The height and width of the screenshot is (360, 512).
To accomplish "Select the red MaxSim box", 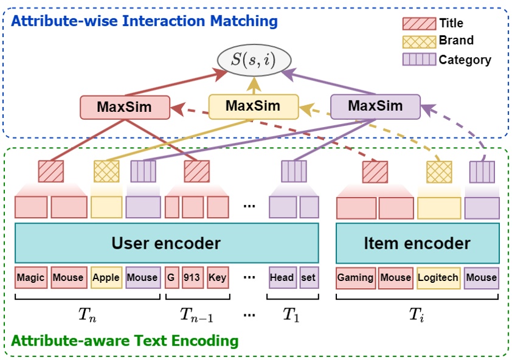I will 125,107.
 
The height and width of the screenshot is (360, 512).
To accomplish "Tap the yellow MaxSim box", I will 253,106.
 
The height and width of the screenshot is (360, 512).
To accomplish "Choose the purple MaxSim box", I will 375,106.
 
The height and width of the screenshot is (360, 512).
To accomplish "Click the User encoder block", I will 166,243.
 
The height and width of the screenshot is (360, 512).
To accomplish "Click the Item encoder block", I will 417,243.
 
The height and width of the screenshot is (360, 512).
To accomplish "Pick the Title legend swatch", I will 419,24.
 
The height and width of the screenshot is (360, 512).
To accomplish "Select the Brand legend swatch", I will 419,41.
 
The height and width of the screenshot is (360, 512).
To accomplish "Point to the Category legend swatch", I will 419,60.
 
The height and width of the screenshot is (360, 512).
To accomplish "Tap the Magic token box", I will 31,278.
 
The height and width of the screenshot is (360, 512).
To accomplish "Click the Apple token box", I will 106,278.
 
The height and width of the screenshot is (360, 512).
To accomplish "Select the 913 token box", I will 192,278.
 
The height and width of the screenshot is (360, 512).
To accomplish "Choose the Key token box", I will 217,278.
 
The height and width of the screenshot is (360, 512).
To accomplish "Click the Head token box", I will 282,278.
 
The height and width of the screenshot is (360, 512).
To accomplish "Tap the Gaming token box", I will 356,278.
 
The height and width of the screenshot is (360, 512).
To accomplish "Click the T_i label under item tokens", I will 417,315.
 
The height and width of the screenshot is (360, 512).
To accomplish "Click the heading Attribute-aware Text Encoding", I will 125,341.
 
